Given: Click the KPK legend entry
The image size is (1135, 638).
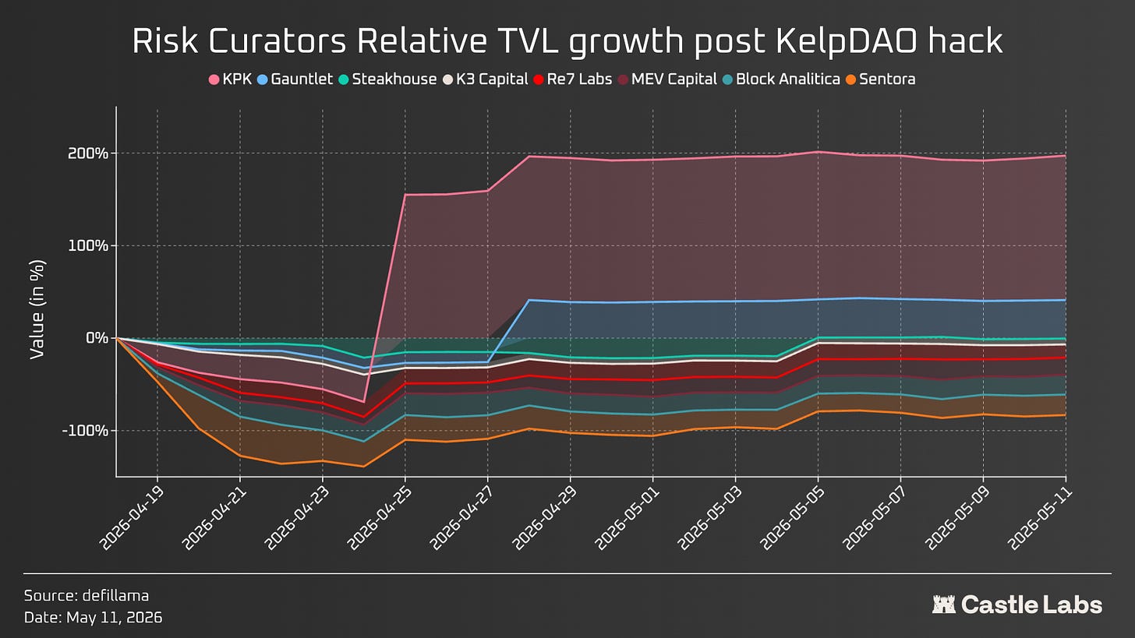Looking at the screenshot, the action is (x=231, y=79).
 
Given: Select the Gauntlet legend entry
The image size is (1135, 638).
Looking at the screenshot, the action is (x=295, y=79).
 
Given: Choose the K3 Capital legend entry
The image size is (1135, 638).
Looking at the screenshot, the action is (x=486, y=79).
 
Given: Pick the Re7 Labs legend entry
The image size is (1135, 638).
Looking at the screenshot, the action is (x=572, y=79).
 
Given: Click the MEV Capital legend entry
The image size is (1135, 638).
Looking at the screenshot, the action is (x=667, y=79).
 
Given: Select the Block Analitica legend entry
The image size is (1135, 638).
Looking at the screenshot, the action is (x=781, y=79).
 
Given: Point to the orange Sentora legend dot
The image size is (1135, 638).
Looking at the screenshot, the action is (x=850, y=79).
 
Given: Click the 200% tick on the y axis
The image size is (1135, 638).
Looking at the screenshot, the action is (x=88, y=153).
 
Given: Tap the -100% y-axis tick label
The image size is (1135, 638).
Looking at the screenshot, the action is (x=85, y=430).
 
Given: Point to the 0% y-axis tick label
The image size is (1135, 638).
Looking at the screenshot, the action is (x=97, y=338).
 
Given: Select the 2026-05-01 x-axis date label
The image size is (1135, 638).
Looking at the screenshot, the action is (x=628, y=517).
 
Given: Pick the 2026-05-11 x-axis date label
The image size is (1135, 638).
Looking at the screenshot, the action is (x=1041, y=517).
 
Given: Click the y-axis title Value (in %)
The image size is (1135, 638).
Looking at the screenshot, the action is (x=37, y=309).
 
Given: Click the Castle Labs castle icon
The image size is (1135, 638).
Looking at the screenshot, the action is (x=943, y=605).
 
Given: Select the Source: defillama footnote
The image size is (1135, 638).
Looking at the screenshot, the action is (x=86, y=595).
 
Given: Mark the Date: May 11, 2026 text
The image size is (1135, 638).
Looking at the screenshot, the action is (x=94, y=618).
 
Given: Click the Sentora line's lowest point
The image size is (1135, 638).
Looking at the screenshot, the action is (x=363, y=467).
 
